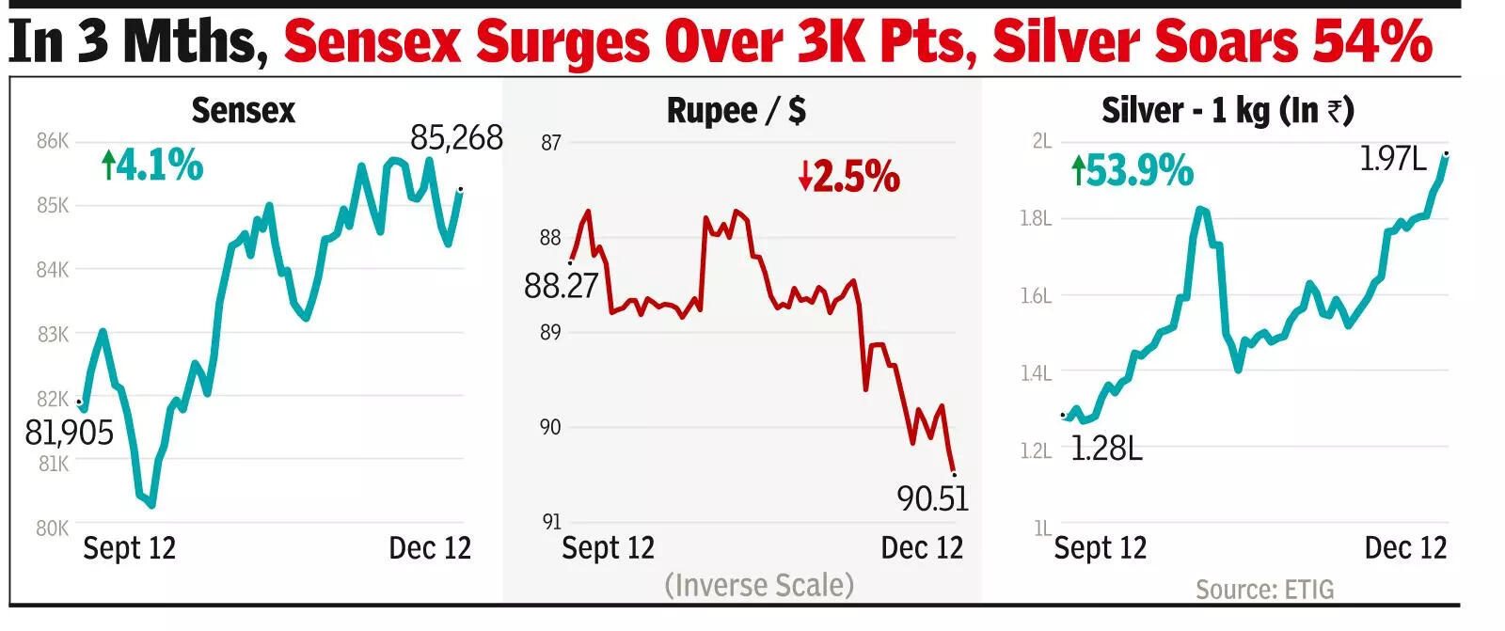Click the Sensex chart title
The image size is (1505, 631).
(x=243, y=111)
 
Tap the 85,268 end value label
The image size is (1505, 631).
(x=456, y=138)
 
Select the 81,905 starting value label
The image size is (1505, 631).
(x=69, y=433)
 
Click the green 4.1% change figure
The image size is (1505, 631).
(x=152, y=166)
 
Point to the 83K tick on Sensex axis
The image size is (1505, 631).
(x=54, y=334)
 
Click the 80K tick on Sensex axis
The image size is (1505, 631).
(x=53, y=528)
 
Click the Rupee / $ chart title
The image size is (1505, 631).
(x=736, y=111)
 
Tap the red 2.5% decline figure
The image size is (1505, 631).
(x=849, y=177)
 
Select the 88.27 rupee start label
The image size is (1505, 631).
(x=561, y=285)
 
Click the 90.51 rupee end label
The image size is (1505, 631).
(x=932, y=498)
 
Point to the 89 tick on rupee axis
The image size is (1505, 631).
(x=550, y=333)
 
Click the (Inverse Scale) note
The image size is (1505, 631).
(x=759, y=585)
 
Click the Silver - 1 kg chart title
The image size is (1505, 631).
(x=1228, y=111)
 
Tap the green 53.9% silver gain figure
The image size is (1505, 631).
(x=1133, y=172)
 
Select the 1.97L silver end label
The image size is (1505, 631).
(x=1393, y=159)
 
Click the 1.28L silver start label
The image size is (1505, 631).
(x=1106, y=449)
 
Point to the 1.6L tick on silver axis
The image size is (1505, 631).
(x=1036, y=296)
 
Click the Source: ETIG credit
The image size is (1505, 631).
(x=1264, y=590)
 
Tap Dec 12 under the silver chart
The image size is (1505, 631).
(x=1405, y=547)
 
